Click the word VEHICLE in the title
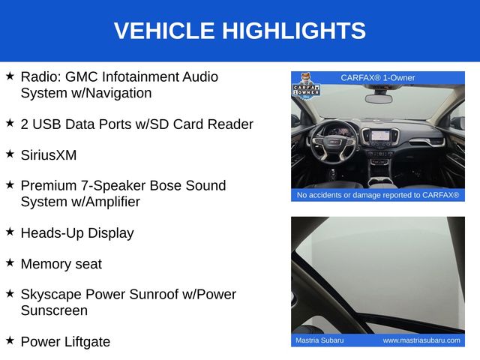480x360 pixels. (x=164, y=31)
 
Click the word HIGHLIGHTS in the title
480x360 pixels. (x=294, y=31)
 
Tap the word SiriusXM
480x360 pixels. (x=49, y=155)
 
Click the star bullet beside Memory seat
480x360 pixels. (x=10, y=262)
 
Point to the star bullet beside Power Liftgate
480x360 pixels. (x=10, y=340)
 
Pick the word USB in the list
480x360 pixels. (x=46, y=124)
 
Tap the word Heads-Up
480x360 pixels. (x=52, y=233)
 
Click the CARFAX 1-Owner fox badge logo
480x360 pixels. (x=306, y=87)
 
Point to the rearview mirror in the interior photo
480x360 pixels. (x=379, y=99)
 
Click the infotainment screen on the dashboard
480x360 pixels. (x=380, y=135)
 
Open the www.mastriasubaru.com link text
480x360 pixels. (x=421, y=340)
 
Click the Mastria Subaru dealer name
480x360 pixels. (x=319, y=340)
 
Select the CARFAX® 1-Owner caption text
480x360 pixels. (x=378, y=78)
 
